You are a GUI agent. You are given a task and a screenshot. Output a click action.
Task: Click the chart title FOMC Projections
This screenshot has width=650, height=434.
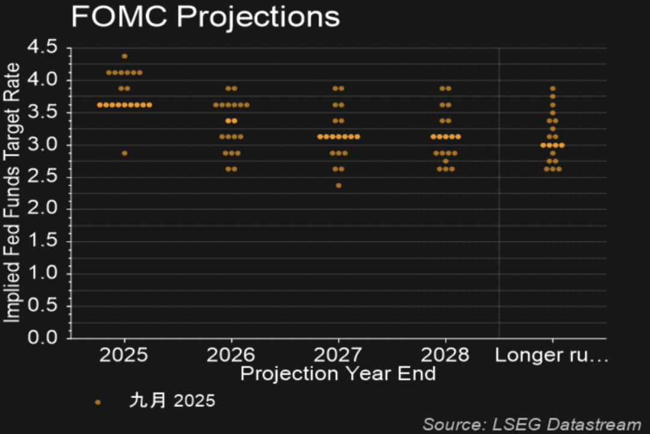(205, 17)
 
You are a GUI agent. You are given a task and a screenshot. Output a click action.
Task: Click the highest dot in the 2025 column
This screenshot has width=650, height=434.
(125, 56)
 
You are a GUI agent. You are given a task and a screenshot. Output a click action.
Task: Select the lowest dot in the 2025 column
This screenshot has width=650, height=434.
(125, 153)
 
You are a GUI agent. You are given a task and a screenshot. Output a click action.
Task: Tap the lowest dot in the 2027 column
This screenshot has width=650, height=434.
(338, 185)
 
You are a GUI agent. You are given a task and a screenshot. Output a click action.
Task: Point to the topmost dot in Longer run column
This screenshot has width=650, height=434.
(552, 88)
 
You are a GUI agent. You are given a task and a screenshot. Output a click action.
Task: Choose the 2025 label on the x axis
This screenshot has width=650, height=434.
(124, 355)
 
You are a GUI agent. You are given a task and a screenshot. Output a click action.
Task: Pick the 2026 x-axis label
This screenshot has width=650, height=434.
(231, 355)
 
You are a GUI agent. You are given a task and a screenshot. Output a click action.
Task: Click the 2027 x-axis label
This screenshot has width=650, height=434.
(338, 355)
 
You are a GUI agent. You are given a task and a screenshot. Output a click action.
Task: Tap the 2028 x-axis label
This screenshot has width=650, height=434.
(445, 355)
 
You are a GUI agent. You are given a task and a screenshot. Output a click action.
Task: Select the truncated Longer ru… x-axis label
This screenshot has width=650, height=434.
(551, 355)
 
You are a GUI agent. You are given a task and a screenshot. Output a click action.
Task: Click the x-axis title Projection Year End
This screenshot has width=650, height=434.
(338, 374)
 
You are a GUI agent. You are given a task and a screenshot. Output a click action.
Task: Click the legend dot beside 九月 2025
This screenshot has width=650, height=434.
(98, 401)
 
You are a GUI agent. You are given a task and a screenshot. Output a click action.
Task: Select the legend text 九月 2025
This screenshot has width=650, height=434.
(172, 401)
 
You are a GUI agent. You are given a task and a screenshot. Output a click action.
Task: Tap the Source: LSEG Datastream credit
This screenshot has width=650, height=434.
(531, 424)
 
